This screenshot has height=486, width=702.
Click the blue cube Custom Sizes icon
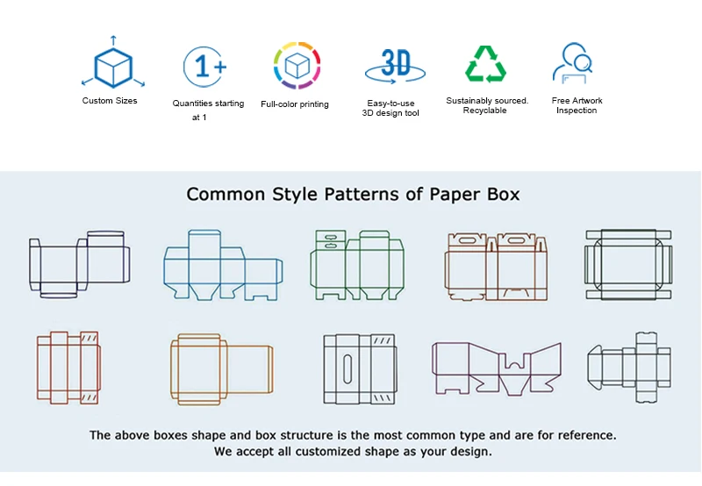tap(112, 67)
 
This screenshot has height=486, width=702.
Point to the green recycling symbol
tap(485, 64)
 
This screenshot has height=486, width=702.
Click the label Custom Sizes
tap(110, 101)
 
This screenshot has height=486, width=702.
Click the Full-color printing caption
tap(295, 104)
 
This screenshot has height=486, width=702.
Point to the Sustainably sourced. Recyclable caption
tap(487, 105)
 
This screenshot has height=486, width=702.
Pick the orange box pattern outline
tap(220, 368)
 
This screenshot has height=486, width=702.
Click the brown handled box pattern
tap(497, 266)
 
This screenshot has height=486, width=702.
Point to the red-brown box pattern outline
tap(68, 368)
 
